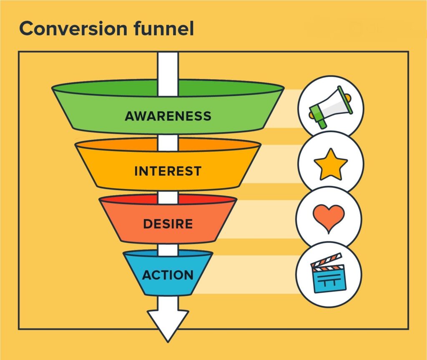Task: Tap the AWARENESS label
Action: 168,116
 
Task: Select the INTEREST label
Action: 168,171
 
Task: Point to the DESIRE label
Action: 168,224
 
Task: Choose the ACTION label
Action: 168,275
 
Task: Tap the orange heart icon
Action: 329,218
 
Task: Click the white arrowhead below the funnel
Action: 168,323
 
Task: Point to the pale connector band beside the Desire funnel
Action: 267,219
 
